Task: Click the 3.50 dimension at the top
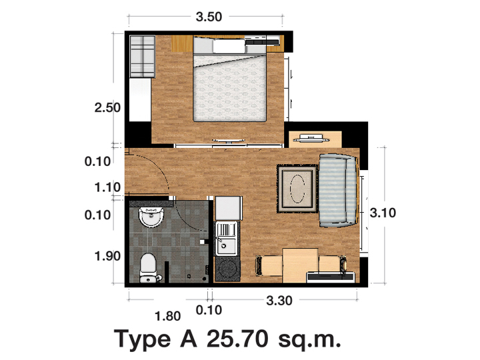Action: [x=209, y=17]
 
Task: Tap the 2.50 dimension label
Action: [x=107, y=108]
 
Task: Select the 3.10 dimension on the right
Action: [x=383, y=213]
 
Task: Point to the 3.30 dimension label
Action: [x=279, y=301]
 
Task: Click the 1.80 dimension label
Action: [x=168, y=316]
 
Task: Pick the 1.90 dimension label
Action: [x=107, y=256]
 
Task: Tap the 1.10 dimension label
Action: [x=107, y=187]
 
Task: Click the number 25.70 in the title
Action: [x=237, y=339]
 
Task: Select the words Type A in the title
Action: [x=155, y=339]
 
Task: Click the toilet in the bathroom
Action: [x=148, y=267]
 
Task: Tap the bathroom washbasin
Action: [x=151, y=217]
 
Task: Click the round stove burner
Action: [x=227, y=269]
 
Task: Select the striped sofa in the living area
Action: [x=337, y=191]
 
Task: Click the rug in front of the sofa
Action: [x=297, y=189]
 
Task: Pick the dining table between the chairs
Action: [x=300, y=265]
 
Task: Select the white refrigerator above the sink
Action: [x=229, y=209]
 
